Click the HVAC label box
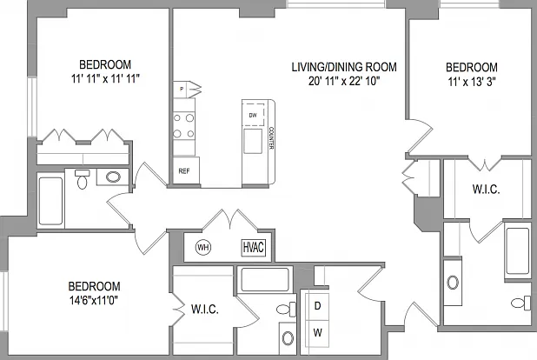click(x=254, y=247)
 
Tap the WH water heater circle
click(x=203, y=247)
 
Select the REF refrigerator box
click(x=186, y=170)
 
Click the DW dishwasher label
click(x=253, y=116)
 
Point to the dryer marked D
click(x=317, y=305)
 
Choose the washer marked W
click(x=317, y=333)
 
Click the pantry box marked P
click(x=182, y=90)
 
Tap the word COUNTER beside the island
click(x=271, y=138)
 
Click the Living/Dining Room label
click(x=344, y=67)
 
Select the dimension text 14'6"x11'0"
click(x=94, y=301)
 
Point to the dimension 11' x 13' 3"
click(x=472, y=82)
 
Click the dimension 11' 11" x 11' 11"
click(x=105, y=79)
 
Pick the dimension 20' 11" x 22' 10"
click(x=344, y=81)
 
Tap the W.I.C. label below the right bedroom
click(x=486, y=190)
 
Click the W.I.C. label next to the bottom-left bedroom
click(x=205, y=310)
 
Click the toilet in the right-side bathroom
click(x=520, y=303)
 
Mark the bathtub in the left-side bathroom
click(x=50, y=201)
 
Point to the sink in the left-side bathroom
click(x=113, y=177)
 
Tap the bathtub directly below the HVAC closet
click(x=265, y=279)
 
